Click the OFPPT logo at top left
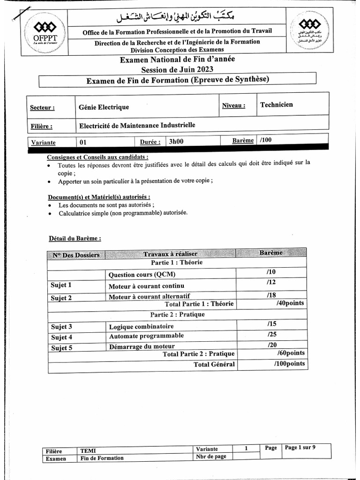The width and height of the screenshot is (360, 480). pos(45,31)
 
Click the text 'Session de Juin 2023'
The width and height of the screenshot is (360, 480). pos(177,69)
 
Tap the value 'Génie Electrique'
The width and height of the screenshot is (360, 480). pos(104,107)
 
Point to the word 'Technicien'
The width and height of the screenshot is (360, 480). pos(277,105)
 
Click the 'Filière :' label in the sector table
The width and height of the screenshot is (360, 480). pos(41,126)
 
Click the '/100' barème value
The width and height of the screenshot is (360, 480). pos(265,140)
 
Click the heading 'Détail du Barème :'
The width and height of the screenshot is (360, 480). pos(75,238)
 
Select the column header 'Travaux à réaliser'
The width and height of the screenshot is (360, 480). pos(170,254)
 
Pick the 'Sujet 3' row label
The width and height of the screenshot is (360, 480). pos(61,327)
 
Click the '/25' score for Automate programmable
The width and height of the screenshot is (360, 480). pos(272,335)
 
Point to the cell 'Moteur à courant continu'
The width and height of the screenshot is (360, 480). pos(146,286)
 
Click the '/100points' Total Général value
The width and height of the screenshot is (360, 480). pos(289,364)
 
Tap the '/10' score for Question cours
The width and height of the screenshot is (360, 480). pos(270,272)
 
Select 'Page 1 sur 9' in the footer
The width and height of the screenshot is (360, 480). pos(300,448)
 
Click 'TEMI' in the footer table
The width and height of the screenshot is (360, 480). pos(88,450)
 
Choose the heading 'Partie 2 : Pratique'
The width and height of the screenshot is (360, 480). pos(177,315)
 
